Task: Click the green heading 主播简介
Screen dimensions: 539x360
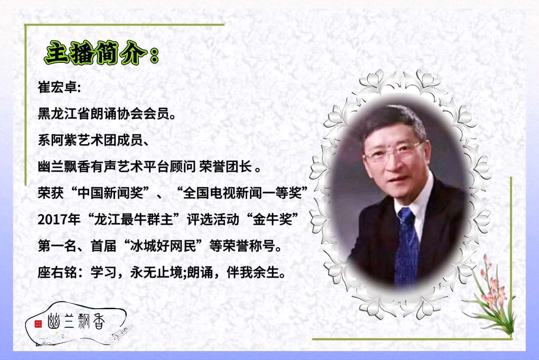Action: click(96, 53)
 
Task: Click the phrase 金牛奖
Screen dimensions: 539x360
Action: click(272, 220)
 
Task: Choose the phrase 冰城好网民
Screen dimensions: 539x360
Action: click(163, 246)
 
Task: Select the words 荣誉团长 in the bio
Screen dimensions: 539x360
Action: click(226, 166)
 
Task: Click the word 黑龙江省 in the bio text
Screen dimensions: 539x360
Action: click(64, 114)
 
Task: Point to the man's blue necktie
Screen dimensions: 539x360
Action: click(407, 246)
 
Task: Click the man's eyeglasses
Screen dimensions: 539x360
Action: click(393, 151)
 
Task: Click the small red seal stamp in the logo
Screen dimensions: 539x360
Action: click(38, 324)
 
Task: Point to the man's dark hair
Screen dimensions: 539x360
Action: click(395, 120)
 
